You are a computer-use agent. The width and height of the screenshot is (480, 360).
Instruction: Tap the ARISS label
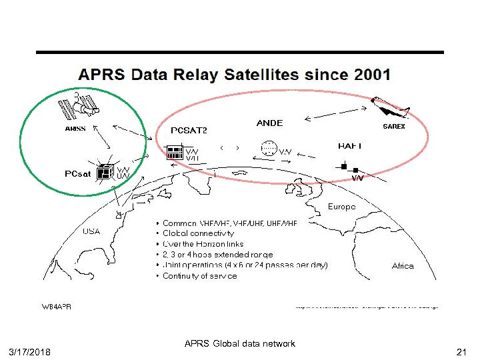[75, 129]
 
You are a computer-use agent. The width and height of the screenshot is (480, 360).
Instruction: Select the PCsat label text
[78, 174]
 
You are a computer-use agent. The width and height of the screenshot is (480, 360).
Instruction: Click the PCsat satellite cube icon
[104, 173]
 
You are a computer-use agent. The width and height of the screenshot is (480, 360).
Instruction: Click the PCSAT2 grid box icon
[175, 152]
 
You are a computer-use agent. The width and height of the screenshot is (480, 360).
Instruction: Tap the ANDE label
[269, 123]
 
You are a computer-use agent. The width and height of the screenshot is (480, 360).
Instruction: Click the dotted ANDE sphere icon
[269, 149]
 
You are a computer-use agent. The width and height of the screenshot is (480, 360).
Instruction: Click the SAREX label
[393, 126]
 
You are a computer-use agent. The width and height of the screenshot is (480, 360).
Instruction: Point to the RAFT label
[349, 145]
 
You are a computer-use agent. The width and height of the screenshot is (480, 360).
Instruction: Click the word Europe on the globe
[341, 207]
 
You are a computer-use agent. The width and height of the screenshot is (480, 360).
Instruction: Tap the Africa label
[403, 265]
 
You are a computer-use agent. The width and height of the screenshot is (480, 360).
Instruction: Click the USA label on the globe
[92, 232]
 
